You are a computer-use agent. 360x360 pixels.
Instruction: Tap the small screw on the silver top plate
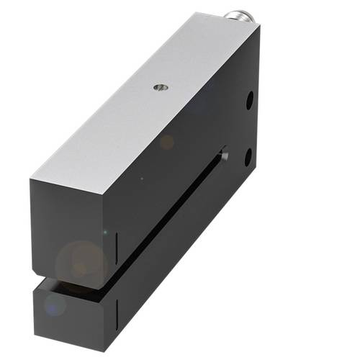(x=158, y=88)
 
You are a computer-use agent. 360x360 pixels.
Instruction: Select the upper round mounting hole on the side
(x=249, y=100)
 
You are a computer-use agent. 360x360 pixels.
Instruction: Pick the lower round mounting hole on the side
(x=248, y=155)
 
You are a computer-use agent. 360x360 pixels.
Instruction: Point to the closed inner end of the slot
(x=224, y=155)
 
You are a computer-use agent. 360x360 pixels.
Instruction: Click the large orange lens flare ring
(x=81, y=264)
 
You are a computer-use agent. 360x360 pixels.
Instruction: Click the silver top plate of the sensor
(x=144, y=101)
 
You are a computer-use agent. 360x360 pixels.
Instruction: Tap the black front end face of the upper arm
(x=72, y=227)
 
